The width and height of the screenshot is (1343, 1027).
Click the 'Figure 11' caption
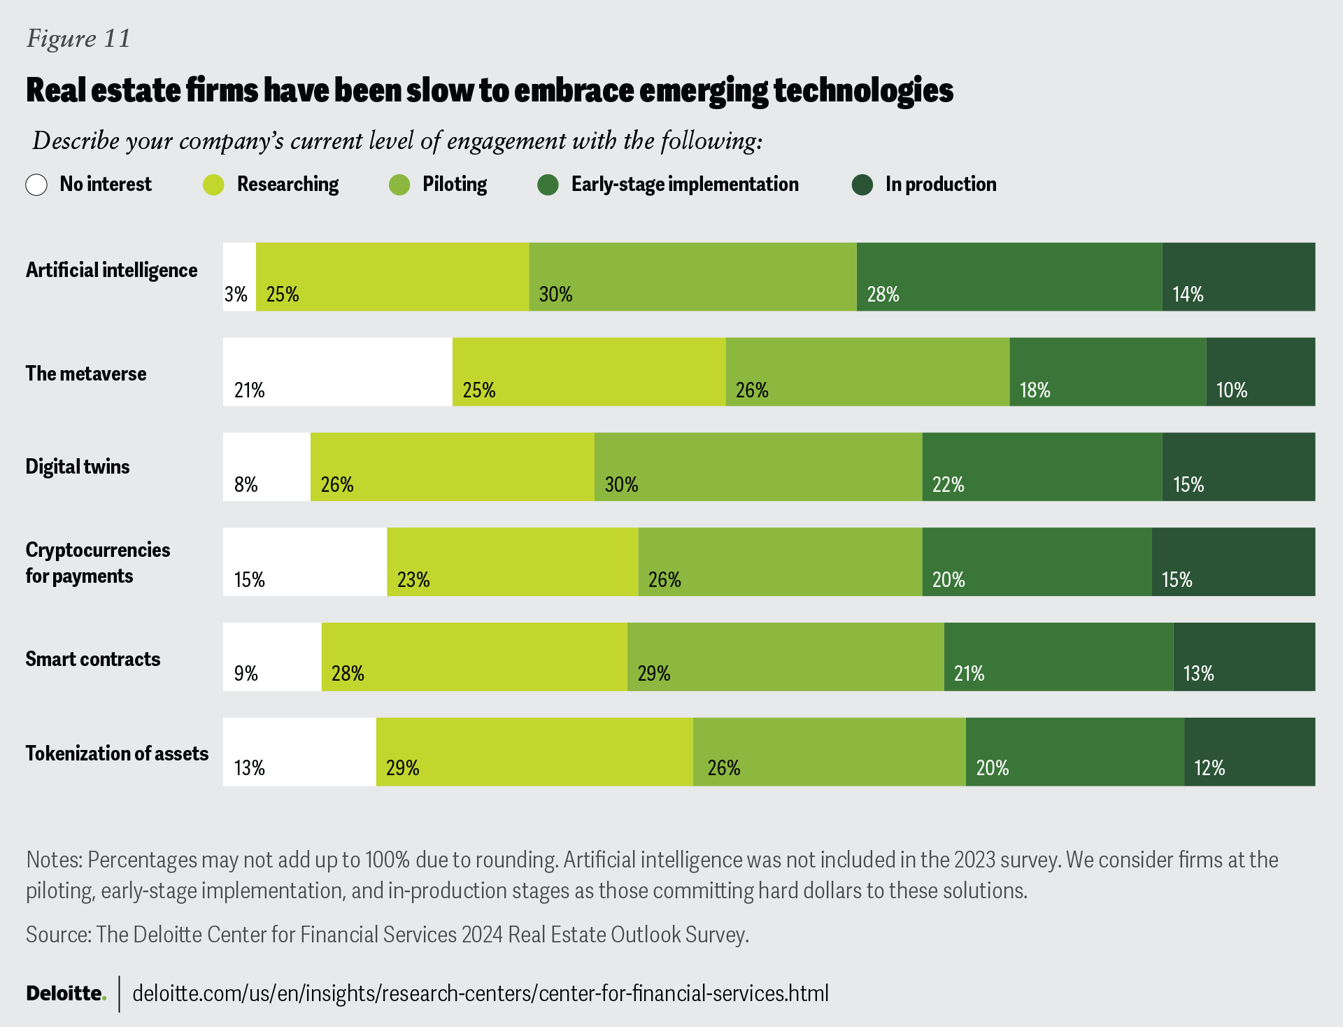coord(78,38)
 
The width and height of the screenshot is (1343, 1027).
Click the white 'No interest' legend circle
coord(36,185)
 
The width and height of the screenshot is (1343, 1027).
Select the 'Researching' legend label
coord(287,184)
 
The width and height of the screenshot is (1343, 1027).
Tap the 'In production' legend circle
coord(862,185)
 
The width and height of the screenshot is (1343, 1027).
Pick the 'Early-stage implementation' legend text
coord(684,184)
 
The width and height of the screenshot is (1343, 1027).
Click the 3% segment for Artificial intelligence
coord(239,277)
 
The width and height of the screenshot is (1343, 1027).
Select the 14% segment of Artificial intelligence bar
coord(1238,277)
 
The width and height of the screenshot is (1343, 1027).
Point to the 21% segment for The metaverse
coord(337,371)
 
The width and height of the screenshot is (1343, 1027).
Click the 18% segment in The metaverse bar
coord(1107,371)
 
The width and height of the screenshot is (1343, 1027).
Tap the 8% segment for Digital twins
coord(267,467)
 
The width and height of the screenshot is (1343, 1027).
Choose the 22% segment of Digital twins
coord(1042,467)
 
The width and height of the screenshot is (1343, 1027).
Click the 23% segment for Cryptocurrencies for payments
coord(512,562)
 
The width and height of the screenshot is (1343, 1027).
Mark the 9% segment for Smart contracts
coord(272,657)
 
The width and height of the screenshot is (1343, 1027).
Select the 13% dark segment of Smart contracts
coord(1244,657)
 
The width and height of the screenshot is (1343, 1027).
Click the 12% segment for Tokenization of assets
coord(1249,751)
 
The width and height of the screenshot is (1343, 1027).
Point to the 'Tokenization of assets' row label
coord(117,753)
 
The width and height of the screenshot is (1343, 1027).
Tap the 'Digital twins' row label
coord(78,467)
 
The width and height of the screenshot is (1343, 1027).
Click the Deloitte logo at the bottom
coord(66,993)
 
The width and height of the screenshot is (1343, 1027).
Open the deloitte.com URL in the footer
coord(480,993)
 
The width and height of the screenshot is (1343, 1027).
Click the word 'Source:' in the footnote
coord(59,935)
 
